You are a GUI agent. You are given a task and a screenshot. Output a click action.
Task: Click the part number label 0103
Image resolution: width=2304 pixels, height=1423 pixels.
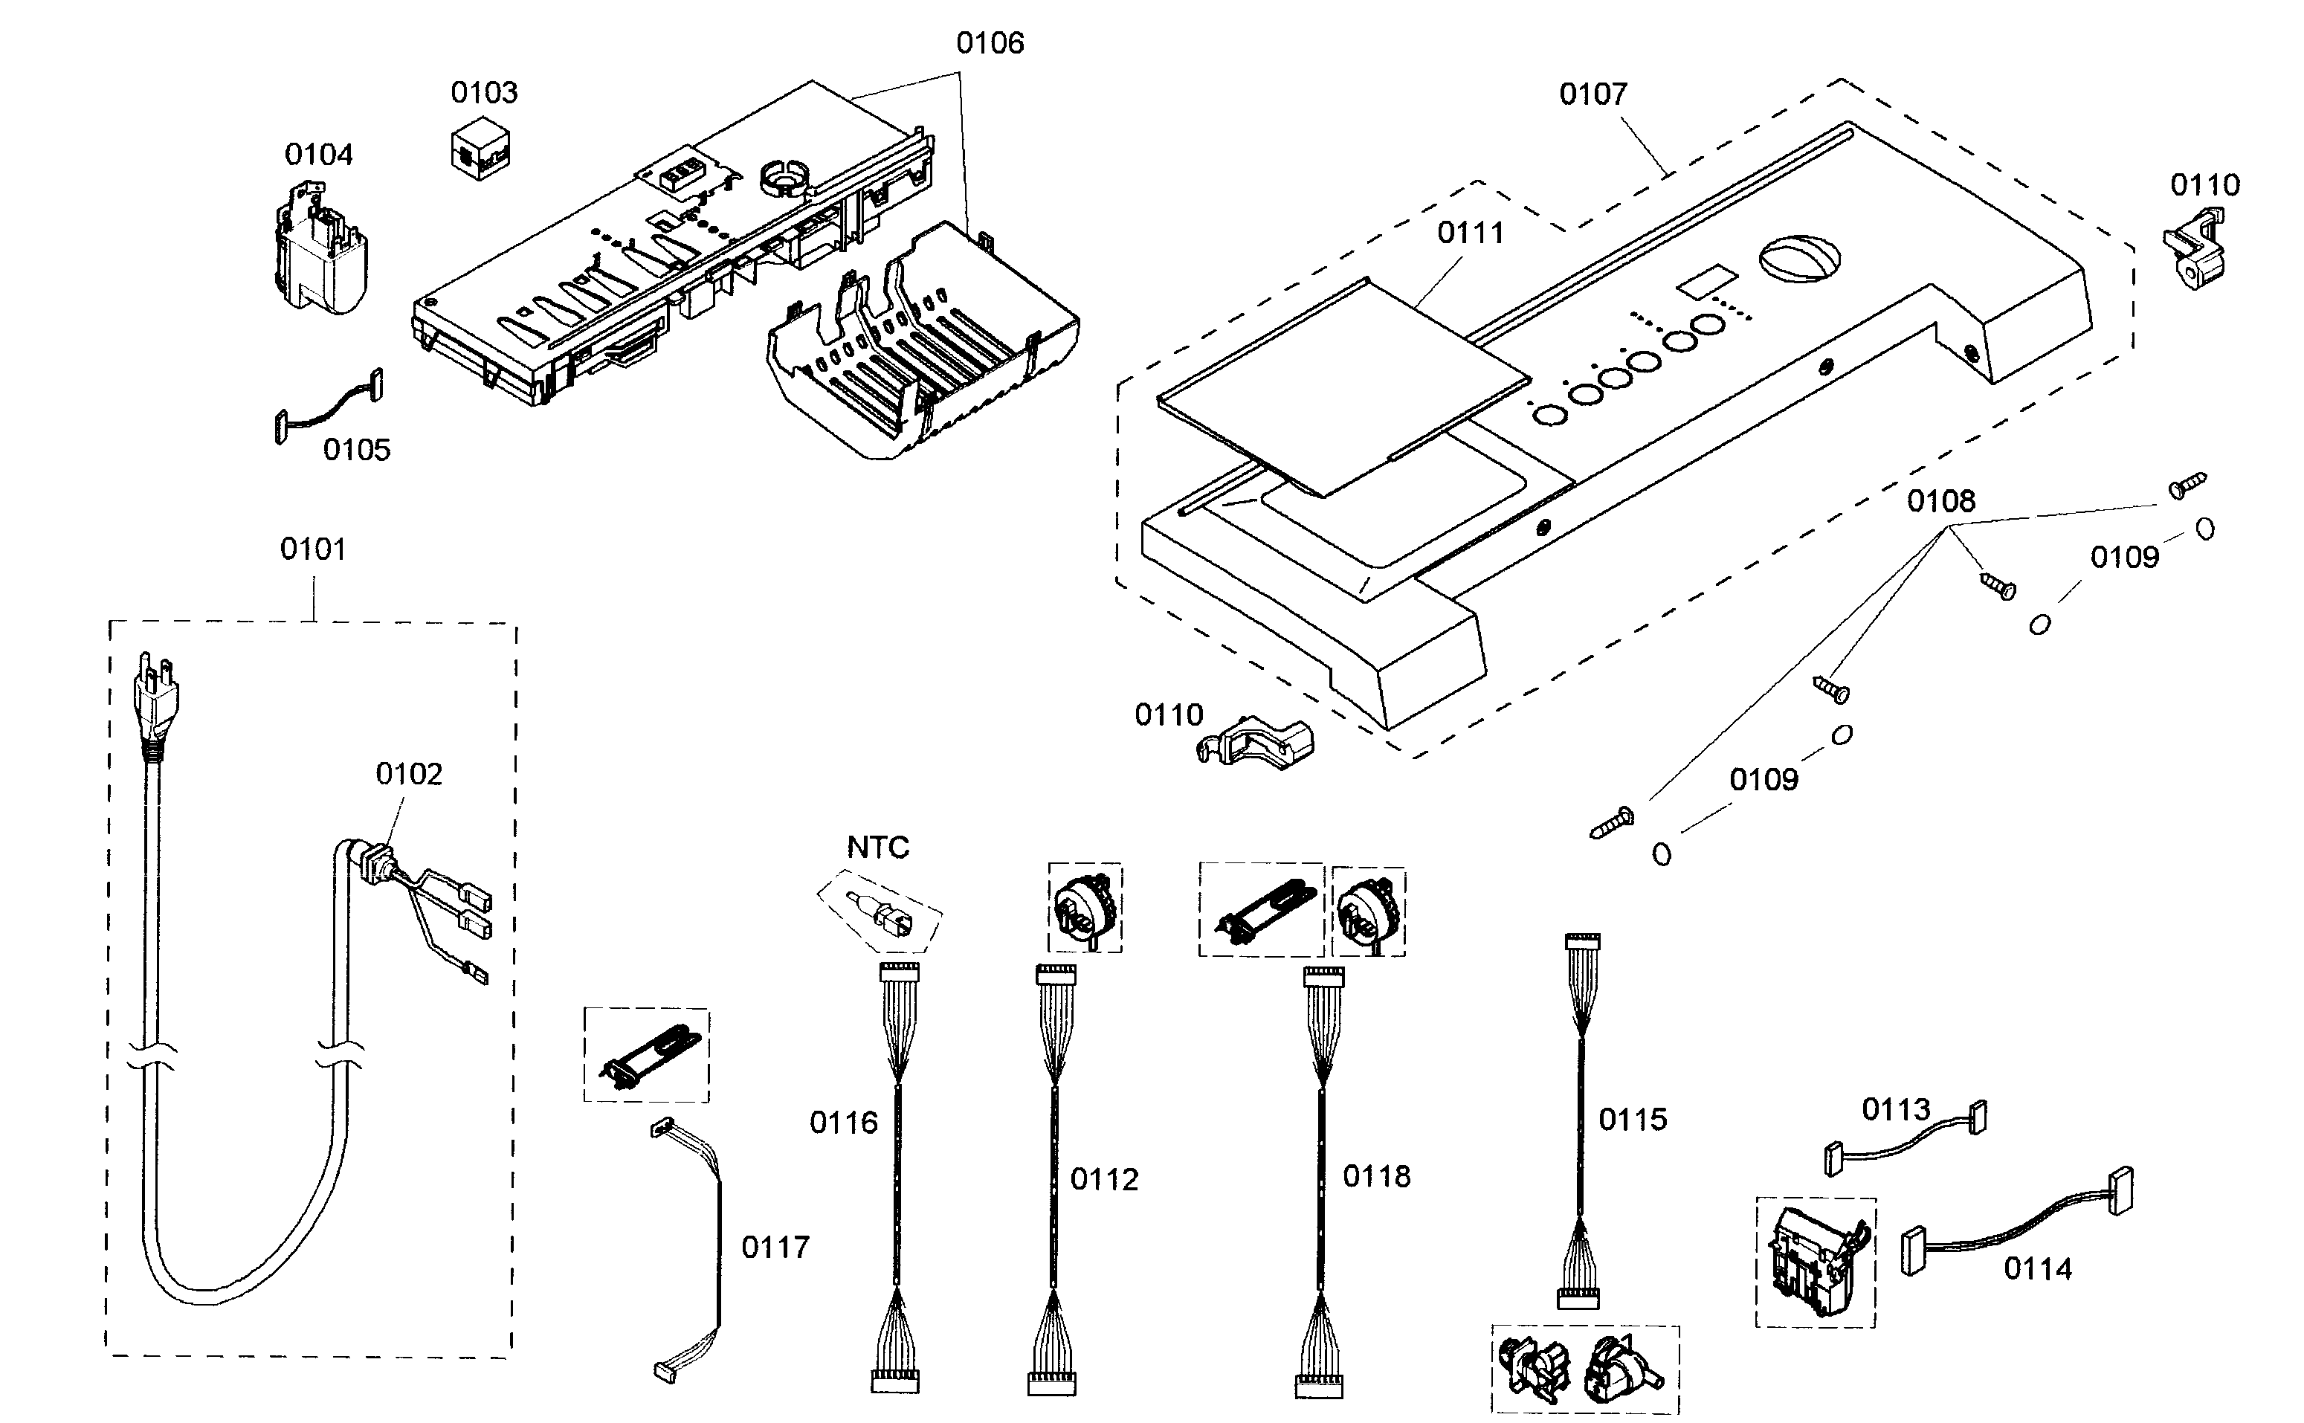click(484, 92)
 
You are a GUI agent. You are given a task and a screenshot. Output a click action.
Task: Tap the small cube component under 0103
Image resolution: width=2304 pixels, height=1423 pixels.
click(480, 149)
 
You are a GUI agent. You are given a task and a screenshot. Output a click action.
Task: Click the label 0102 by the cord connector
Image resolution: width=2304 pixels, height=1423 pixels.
click(408, 774)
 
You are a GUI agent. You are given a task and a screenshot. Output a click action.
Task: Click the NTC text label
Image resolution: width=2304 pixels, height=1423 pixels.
click(877, 848)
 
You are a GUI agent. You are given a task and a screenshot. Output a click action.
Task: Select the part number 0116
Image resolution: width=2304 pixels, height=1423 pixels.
click(843, 1122)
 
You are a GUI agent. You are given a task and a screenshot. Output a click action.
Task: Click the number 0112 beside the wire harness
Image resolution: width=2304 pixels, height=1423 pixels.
click(1104, 1179)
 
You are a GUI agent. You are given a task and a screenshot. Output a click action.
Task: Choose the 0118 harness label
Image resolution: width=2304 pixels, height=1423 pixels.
click(1376, 1176)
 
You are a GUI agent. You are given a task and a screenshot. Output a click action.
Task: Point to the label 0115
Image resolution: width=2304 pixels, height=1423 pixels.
click(1632, 1119)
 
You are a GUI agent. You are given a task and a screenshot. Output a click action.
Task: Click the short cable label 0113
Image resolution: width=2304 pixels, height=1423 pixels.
click(1896, 1109)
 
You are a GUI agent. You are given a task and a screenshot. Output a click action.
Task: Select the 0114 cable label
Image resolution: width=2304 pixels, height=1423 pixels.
click(2038, 1268)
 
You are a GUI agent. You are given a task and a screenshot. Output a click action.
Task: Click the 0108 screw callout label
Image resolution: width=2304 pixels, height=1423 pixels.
click(1940, 500)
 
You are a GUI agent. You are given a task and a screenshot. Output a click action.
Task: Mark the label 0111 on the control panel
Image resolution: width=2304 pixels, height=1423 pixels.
click(1470, 233)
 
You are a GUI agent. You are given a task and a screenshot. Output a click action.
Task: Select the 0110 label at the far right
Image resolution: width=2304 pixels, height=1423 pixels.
click(2204, 184)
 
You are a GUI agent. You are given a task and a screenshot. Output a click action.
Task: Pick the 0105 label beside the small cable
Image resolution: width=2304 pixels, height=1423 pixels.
click(356, 450)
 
